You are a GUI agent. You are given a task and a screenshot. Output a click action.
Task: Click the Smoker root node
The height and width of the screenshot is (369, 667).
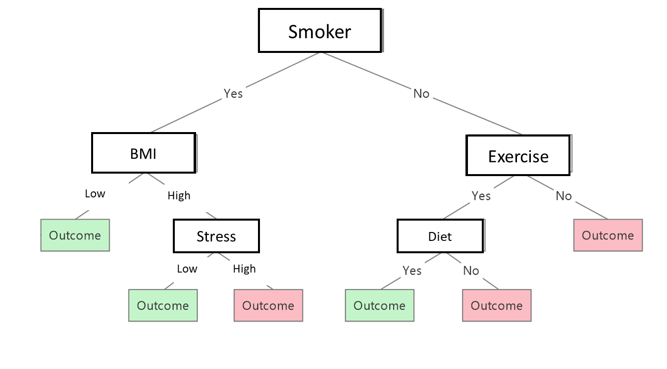[x=320, y=31]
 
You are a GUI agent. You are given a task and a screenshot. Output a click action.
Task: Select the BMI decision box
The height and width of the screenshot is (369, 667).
[x=144, y=153]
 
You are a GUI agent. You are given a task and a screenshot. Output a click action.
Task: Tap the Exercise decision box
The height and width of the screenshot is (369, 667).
[x=518, y=156]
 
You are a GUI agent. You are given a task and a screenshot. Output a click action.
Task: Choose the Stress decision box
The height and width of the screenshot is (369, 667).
[x=216, y=236]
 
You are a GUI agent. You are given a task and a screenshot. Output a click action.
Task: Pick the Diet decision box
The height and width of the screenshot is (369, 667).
[x=440, y=236]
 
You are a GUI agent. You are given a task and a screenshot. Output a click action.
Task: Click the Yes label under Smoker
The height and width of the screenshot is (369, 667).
[x=233, y=93]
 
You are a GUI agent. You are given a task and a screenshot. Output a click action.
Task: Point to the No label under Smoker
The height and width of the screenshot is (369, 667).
[x=421, y=93]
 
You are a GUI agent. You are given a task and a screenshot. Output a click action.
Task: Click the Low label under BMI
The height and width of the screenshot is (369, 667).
[x=95, y=193]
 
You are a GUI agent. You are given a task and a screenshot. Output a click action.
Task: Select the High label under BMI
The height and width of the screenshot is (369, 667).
[x=179, y=195]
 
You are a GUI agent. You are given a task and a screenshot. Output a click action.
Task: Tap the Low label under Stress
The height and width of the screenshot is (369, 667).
[x=187, y=269]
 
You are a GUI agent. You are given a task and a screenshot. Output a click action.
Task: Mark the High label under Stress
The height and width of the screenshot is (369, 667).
[x=244, y=269]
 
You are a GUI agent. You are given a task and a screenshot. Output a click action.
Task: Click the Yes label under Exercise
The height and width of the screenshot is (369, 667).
[x=481, y=196]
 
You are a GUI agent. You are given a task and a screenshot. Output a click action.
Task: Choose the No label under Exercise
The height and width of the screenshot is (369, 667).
[x=564, y=196]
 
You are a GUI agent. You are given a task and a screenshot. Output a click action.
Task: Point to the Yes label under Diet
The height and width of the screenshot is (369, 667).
[x=412, y=271]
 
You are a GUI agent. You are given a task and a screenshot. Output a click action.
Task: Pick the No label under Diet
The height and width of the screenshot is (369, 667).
[x=471, y=271]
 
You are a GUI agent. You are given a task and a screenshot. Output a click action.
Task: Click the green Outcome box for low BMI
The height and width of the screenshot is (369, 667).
[x=75, y=235]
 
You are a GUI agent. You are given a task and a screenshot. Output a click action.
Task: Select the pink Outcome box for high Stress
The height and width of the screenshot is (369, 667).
[x=268, y=305]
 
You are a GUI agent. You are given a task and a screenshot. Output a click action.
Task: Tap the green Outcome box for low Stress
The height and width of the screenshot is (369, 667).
[x=163, y=305]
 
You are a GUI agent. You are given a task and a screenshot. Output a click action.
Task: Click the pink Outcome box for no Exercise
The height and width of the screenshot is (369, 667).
[x=608, y=235]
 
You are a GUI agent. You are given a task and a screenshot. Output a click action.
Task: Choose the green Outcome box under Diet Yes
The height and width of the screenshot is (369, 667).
[x=379, y=305]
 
